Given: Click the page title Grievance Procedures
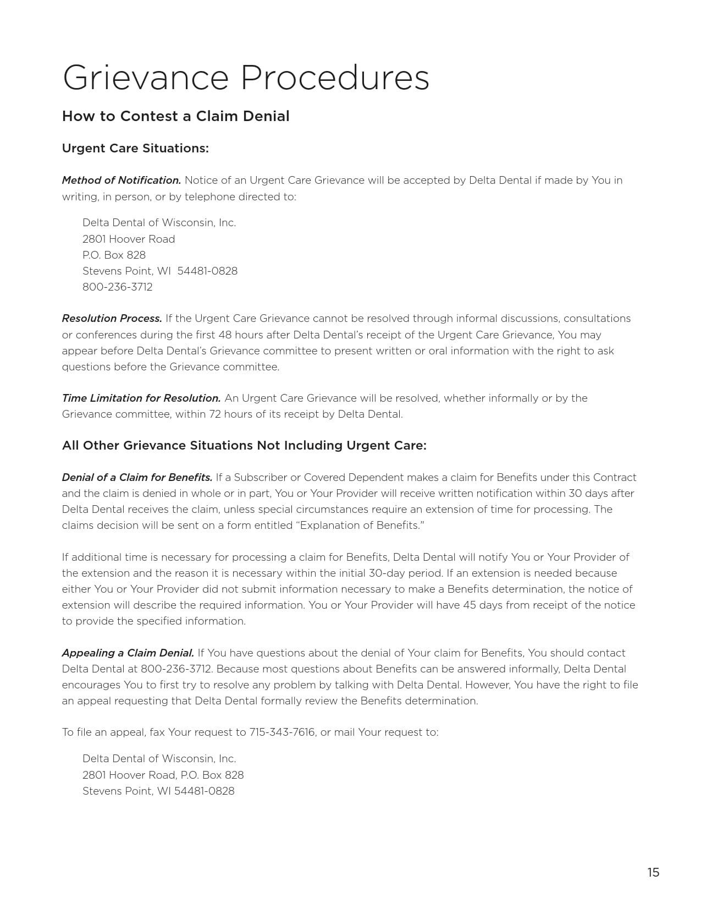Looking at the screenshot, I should pyautogui.click(x=246, y=78).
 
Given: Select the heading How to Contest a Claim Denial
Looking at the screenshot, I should pyautogui.click(x=175, y=116).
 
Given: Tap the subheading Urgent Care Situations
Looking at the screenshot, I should pyautogui.click(x=135, y=149).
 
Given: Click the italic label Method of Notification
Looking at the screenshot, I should pyautogui.click(x=122, y=180).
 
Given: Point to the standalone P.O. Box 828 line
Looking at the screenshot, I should pyautogui.click(x=114, y=255).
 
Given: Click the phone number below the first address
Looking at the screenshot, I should pyautogui.click(x=118, y=287).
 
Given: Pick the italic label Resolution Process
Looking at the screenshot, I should pyautogui.click(x=112, y=319).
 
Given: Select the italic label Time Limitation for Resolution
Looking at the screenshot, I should pyautogui.click(x=141, y=398).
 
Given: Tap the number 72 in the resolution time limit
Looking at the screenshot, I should pyautogui.click(x=214, y=414).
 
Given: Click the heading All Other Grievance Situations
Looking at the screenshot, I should pyautogui.click(x=244, y=446).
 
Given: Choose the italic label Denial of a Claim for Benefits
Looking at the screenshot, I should pyautogui.click(x=137, y=477).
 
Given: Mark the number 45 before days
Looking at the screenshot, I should pyautogui.click(x=471, y=605).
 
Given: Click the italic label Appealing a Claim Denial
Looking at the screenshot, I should pyautogui.click(x=128, y=653).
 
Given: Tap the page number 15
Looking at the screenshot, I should pyautogui.click(x=653, y=872).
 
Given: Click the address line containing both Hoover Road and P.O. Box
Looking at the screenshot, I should pyautogui.click(x=163, y=775).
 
